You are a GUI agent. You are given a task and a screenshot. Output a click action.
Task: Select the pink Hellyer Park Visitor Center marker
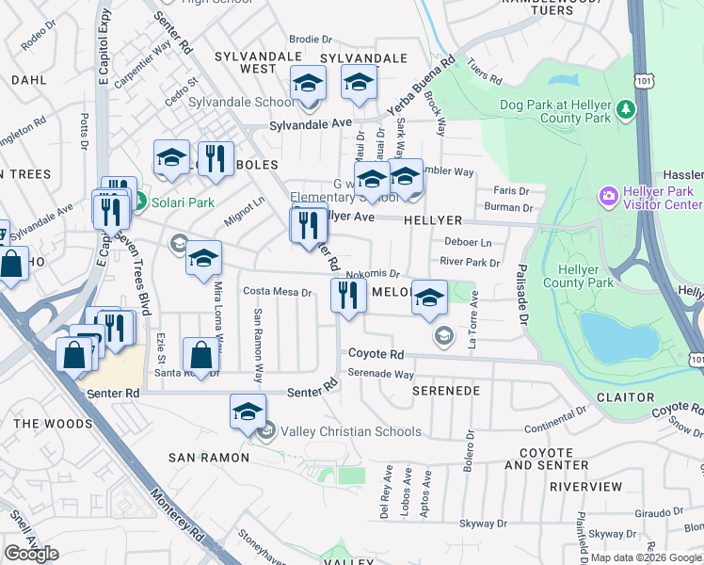609,195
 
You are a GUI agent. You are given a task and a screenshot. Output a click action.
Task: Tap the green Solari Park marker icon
138,202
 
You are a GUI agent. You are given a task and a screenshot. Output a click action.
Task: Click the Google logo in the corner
31,554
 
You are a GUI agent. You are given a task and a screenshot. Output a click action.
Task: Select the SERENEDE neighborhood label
446,390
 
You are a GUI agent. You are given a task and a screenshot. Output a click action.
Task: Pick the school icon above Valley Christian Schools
248,412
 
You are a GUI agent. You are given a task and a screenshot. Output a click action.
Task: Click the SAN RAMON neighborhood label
209,458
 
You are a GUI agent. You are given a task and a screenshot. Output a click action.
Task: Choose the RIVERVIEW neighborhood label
585,487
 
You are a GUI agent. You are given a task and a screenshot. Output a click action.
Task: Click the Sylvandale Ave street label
310,124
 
